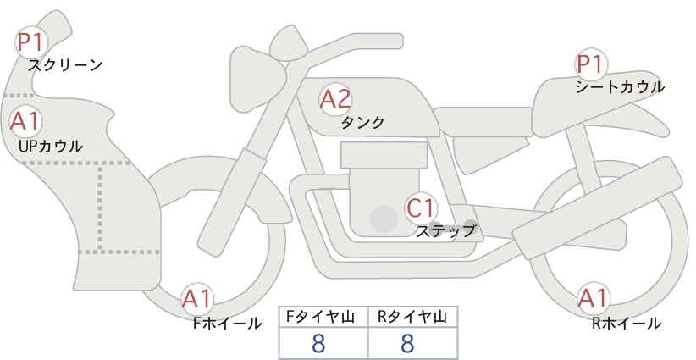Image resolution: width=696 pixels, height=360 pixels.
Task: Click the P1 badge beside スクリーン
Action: pyautogui.click(x=30, y=42)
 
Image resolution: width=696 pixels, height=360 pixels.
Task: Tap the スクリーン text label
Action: pyautogui.click(x=65, y=66)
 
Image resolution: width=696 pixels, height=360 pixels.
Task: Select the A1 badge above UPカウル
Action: pyautogui.click(x=25, y=121)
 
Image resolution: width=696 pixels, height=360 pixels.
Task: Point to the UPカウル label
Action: pyautogui.click(x=51, y=146)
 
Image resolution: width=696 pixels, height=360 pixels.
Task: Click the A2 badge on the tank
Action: pyautogui.click(x=335, y=99)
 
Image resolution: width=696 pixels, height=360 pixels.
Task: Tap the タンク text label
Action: pyautogui.click(x=362, y=122)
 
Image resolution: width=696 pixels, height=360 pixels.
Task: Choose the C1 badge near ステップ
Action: pyautogui.click(x=421, y=208)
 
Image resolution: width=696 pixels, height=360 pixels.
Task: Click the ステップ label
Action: pyautogui.click(x=445, y=231)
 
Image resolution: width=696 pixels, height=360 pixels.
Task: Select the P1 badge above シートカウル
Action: pyautogui.click(x=590, y=64)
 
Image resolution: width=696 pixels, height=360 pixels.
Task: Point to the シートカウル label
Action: pyautogui.click(x=620, y=87)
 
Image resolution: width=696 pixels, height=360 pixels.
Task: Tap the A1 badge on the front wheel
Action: pyautogui.click(x=197, y=299)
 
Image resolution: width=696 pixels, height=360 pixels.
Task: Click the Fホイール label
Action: pyautogui.click(x=227, y=324)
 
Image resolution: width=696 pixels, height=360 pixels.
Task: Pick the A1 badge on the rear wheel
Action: pyautogui.click(x=593, y=298)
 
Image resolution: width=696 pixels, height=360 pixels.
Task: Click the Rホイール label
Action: pyautogui.click(x=627, y=324)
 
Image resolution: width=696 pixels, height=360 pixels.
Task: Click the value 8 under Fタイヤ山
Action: pyautogui.click(x=318, y=344)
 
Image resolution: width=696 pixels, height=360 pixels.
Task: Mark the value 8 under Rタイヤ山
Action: pyautogui.click(x=407, y=344)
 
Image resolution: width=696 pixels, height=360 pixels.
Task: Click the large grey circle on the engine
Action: pyautogui.click(x=384, y=219)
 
